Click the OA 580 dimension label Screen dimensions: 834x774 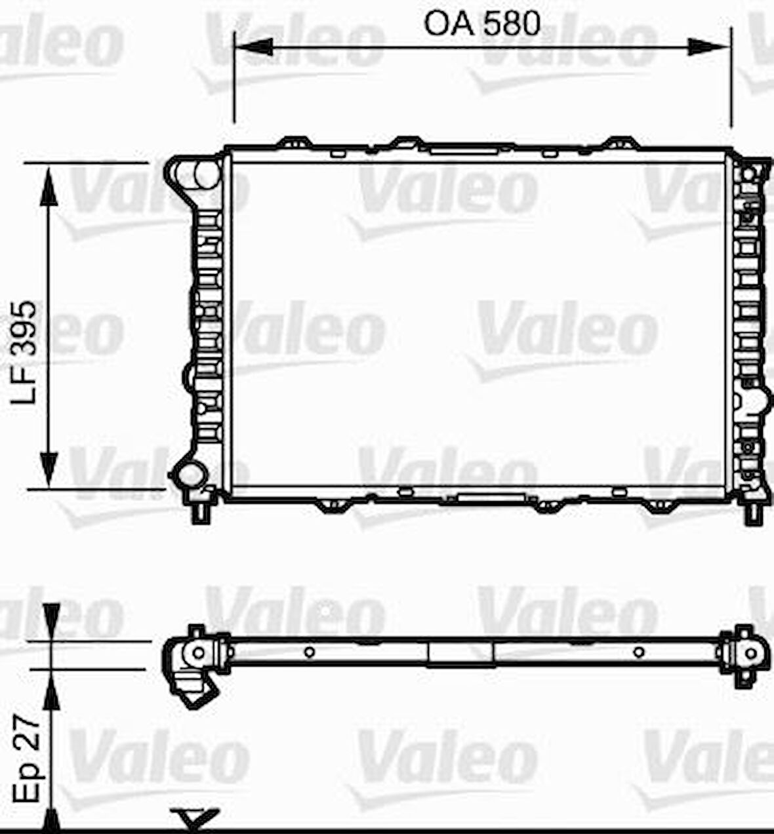[482, 24]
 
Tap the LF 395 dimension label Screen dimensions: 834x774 [27, 353]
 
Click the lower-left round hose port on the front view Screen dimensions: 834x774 [191, 474]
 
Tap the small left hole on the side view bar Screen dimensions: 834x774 [309, 652]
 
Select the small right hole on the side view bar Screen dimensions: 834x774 [638, 652]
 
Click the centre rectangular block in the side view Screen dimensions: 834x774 [460, 653]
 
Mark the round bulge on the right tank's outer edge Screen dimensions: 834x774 [760, 399]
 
